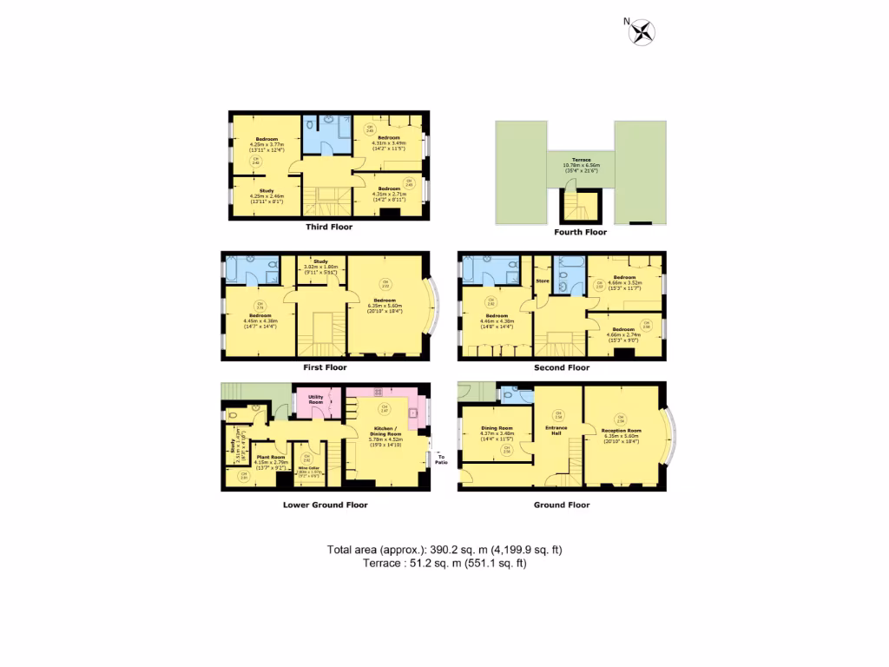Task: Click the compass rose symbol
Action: pos(642,33)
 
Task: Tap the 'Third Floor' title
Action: pos(329,227)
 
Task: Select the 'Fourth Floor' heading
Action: pos(580,232)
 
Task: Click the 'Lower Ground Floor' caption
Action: pos(325,505)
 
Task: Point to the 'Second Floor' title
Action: pos(562,367)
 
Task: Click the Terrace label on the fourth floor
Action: pos(581,163)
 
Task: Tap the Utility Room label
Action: pos(315,400)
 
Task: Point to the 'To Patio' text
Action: pos(440,457)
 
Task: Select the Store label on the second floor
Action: pos(544,281)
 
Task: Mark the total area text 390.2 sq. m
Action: pos(444,550)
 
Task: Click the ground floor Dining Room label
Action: pos(497,430)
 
